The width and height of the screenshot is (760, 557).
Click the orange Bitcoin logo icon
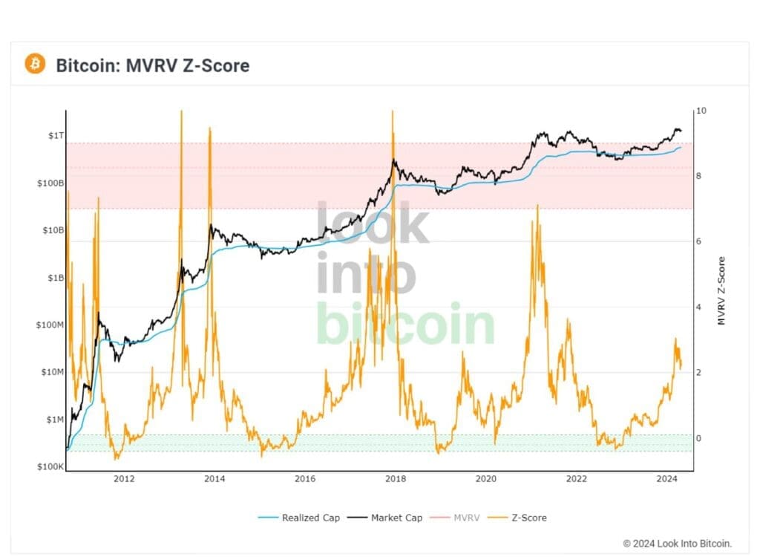(35, 64)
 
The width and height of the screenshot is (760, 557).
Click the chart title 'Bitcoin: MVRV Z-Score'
(152, 65)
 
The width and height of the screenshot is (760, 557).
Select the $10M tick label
(50, 372)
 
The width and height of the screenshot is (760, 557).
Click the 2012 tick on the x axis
(124, 479)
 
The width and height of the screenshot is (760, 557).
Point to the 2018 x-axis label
(395, 479)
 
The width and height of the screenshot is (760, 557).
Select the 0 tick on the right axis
(698, 438)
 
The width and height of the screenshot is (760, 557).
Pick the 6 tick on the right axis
(698, 241)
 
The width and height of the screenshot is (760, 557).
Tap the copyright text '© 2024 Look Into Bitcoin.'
(676, 543)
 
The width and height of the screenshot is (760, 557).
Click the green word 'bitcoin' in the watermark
(405, 325)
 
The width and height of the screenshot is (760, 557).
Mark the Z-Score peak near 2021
(537, 206)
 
